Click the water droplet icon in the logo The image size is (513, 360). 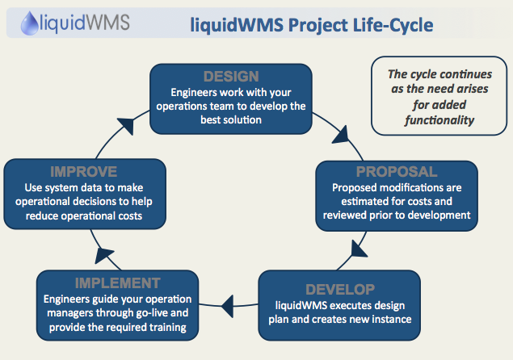(29, 23)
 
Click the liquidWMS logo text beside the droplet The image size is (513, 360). (84, 23)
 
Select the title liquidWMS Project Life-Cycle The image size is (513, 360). (312, 25)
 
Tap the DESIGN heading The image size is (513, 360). (231, 77)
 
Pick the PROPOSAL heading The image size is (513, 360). (397, 172)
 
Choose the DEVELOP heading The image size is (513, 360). (340, 290)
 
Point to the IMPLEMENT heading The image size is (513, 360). (117, 283)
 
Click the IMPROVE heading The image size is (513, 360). (84, 172)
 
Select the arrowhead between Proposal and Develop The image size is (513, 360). (358, 249)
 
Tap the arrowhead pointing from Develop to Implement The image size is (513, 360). (228, 306)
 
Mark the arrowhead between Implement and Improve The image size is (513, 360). (103, 255)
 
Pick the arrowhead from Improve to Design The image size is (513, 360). (126, 126)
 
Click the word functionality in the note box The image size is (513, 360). (439, 120)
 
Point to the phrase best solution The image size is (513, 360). (231, 119)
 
